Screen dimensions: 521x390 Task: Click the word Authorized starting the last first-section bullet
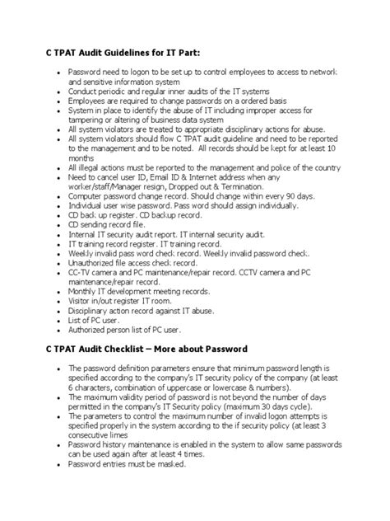[x=91, y=329]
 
